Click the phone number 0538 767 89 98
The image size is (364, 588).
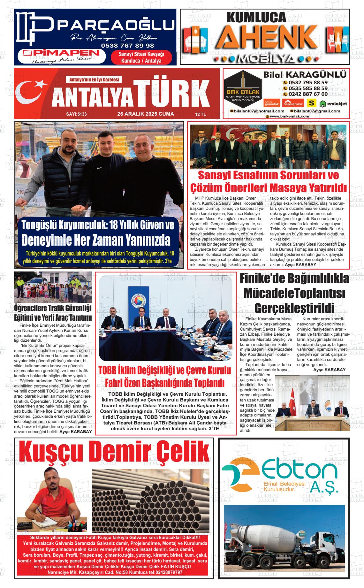coord(127,46)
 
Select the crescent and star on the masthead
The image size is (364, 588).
coord(32,93)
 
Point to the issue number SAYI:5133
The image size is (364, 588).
coord(76,114)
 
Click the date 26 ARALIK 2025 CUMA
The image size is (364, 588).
coord(146,114)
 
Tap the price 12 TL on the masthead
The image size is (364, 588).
coord(201,114)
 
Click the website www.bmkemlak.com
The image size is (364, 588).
coord(289,116)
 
